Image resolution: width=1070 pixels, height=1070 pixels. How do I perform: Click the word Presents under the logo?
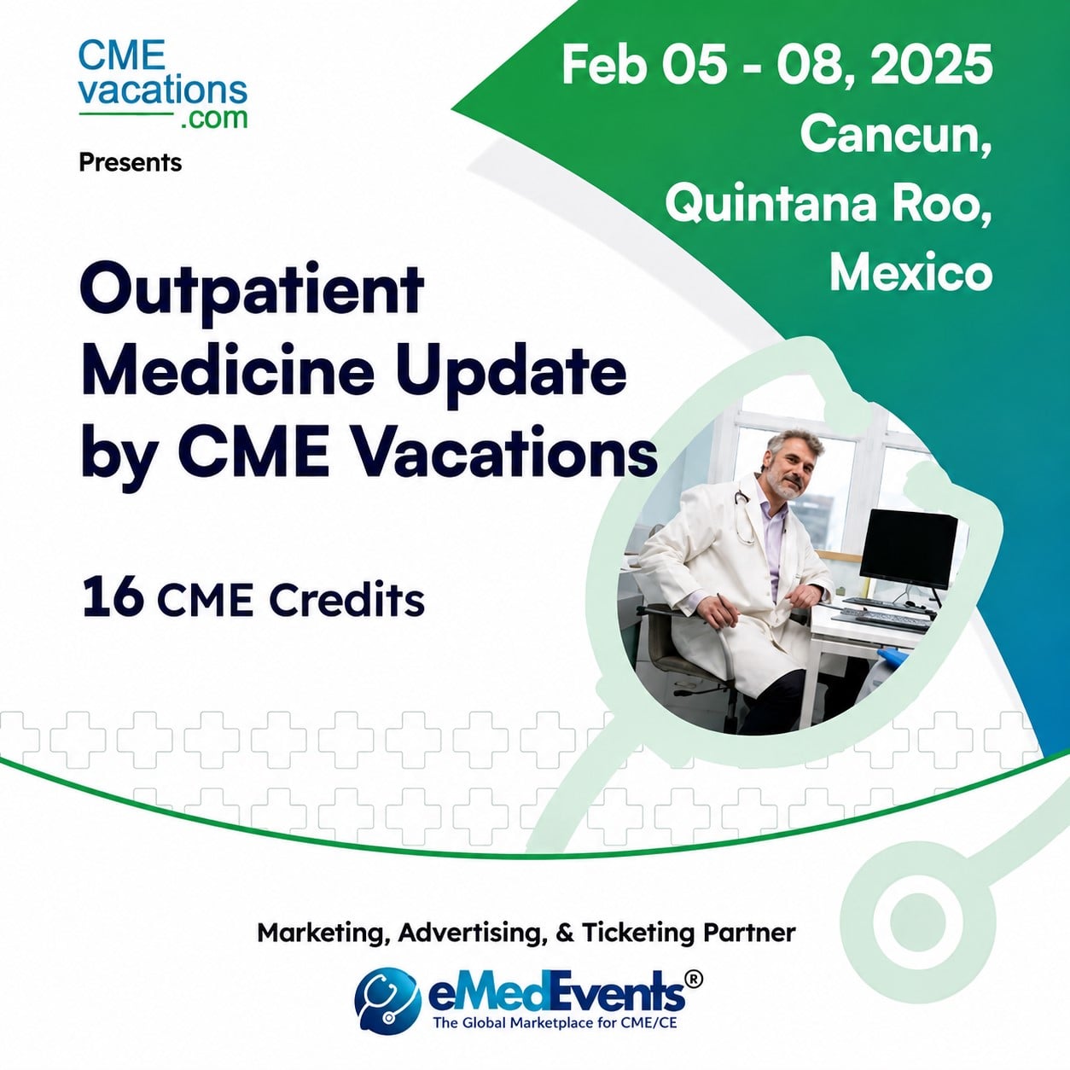pyautogui.click(x=131, y=163)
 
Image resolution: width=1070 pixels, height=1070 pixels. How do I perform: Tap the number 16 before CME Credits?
pyautogui.click(x=113, y=600)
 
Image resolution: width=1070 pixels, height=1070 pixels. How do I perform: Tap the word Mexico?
pyautogui.click(x=910, y=273)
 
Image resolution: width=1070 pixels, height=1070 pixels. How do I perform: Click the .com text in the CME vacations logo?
pyautogui.click(x=214, y=118)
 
